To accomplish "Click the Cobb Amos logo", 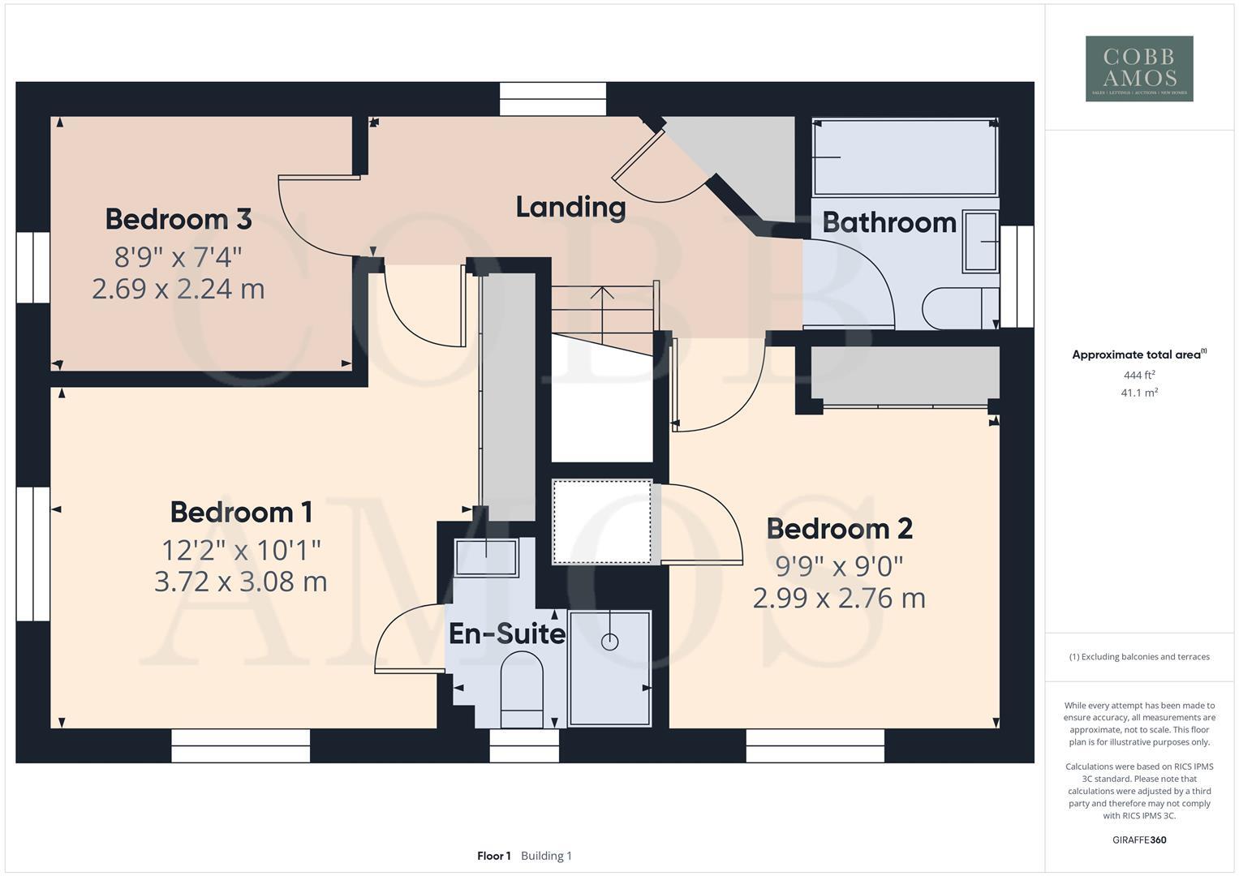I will click(1138, 68).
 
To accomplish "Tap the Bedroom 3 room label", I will click(178, 219).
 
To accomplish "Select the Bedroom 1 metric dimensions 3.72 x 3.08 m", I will click(240, 582).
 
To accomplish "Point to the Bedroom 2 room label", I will click(839, 529).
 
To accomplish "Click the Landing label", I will click(570, 207).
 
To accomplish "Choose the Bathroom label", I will click(889, 222).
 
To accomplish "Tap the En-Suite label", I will click(506, 633).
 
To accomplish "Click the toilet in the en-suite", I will click(522, 689).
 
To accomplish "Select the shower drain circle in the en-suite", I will click(609, 642).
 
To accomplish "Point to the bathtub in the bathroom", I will click(905, 157).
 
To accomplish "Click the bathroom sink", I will click(981, 242).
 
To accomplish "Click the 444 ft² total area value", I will click(1138, 375).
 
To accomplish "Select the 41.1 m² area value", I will click(1138, 393).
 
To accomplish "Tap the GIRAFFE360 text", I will click(1138, 839).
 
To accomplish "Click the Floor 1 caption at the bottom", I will click(493, 856).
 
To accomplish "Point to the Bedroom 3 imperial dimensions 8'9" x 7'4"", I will click(178, 257).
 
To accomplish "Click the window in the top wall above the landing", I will click(553, 99).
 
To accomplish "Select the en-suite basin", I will click(486, 557).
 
